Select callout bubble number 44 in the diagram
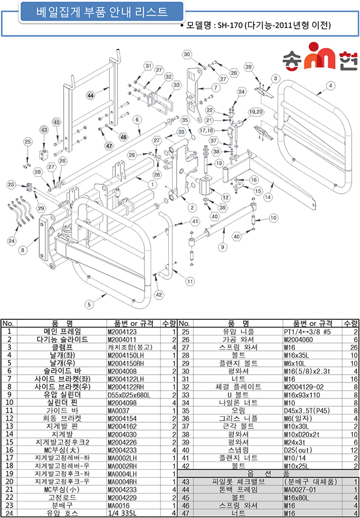[90, 96]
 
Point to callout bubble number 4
[330, 85]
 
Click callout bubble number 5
[88, 303]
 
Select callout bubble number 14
[268, 197]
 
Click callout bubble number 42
[158, 295]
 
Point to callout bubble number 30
[187, 54]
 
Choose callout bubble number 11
[190, 281]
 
